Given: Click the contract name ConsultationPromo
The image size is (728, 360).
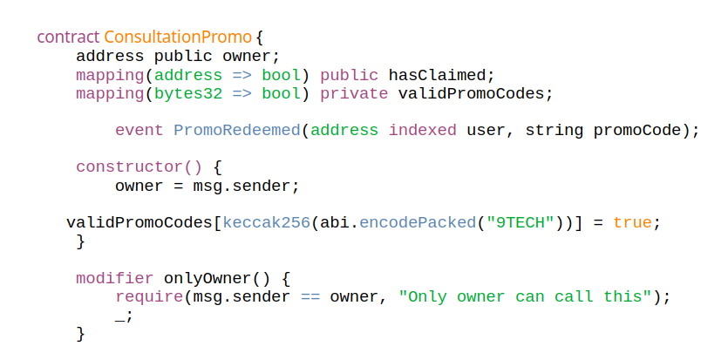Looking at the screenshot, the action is pos(178,37).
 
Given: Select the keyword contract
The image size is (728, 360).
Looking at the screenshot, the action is pos(68,37).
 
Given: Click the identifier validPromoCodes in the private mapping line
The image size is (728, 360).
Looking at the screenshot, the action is pos(475,93).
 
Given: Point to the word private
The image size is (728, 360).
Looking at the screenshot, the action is pos(354,93).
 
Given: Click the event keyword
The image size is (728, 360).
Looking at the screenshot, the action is pos(139,130).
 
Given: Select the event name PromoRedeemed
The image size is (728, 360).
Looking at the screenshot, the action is pos(237,130).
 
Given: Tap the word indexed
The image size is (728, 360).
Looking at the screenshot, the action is pos(422,130).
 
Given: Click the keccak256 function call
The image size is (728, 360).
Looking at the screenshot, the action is pos(267,222).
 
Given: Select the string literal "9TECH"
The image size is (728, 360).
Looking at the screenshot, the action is pos(520,222).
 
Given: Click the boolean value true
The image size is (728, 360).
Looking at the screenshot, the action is pos(632,222).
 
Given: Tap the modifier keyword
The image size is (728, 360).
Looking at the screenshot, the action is pos(115,278).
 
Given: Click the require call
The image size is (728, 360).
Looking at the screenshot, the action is pos(145,296).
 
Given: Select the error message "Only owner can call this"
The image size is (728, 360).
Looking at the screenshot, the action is pos(525,296).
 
